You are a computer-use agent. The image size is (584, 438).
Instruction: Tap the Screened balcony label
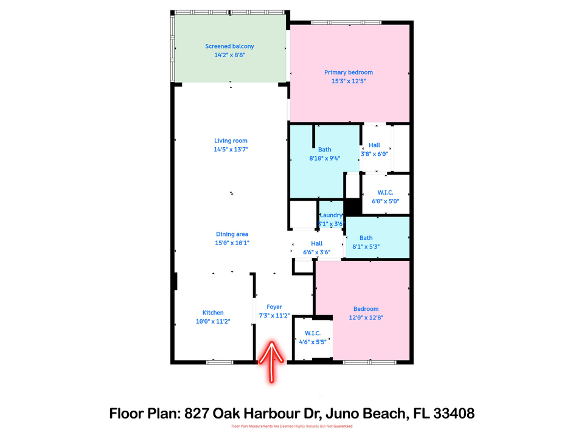[x=229, y=46]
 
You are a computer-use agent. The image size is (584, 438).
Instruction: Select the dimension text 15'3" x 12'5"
[x=348, y=81]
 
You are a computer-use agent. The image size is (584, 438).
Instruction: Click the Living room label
[x=231, y=141]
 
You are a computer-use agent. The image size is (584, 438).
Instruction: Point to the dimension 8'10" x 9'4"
[x=324, y=158]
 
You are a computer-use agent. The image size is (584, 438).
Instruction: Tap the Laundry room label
[x=332, y=215]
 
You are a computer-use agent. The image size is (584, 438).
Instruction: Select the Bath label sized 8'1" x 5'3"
[x=366, y=238]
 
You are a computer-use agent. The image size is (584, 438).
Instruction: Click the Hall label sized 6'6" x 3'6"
[x=316, y=243]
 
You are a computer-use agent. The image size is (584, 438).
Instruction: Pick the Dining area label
[x=232, y=234]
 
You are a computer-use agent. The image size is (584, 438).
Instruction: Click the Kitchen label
[x=213, y=313]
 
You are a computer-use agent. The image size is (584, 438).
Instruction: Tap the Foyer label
[x=274, y=307]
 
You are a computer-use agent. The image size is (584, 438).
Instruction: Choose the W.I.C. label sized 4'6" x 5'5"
[x=312, y=333]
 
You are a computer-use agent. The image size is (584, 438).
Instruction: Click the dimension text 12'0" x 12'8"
[x=366, y=317]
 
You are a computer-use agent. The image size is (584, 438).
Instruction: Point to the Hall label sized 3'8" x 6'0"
[x=374, y=145]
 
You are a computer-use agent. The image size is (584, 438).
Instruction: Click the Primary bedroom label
[x=348, y=72]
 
